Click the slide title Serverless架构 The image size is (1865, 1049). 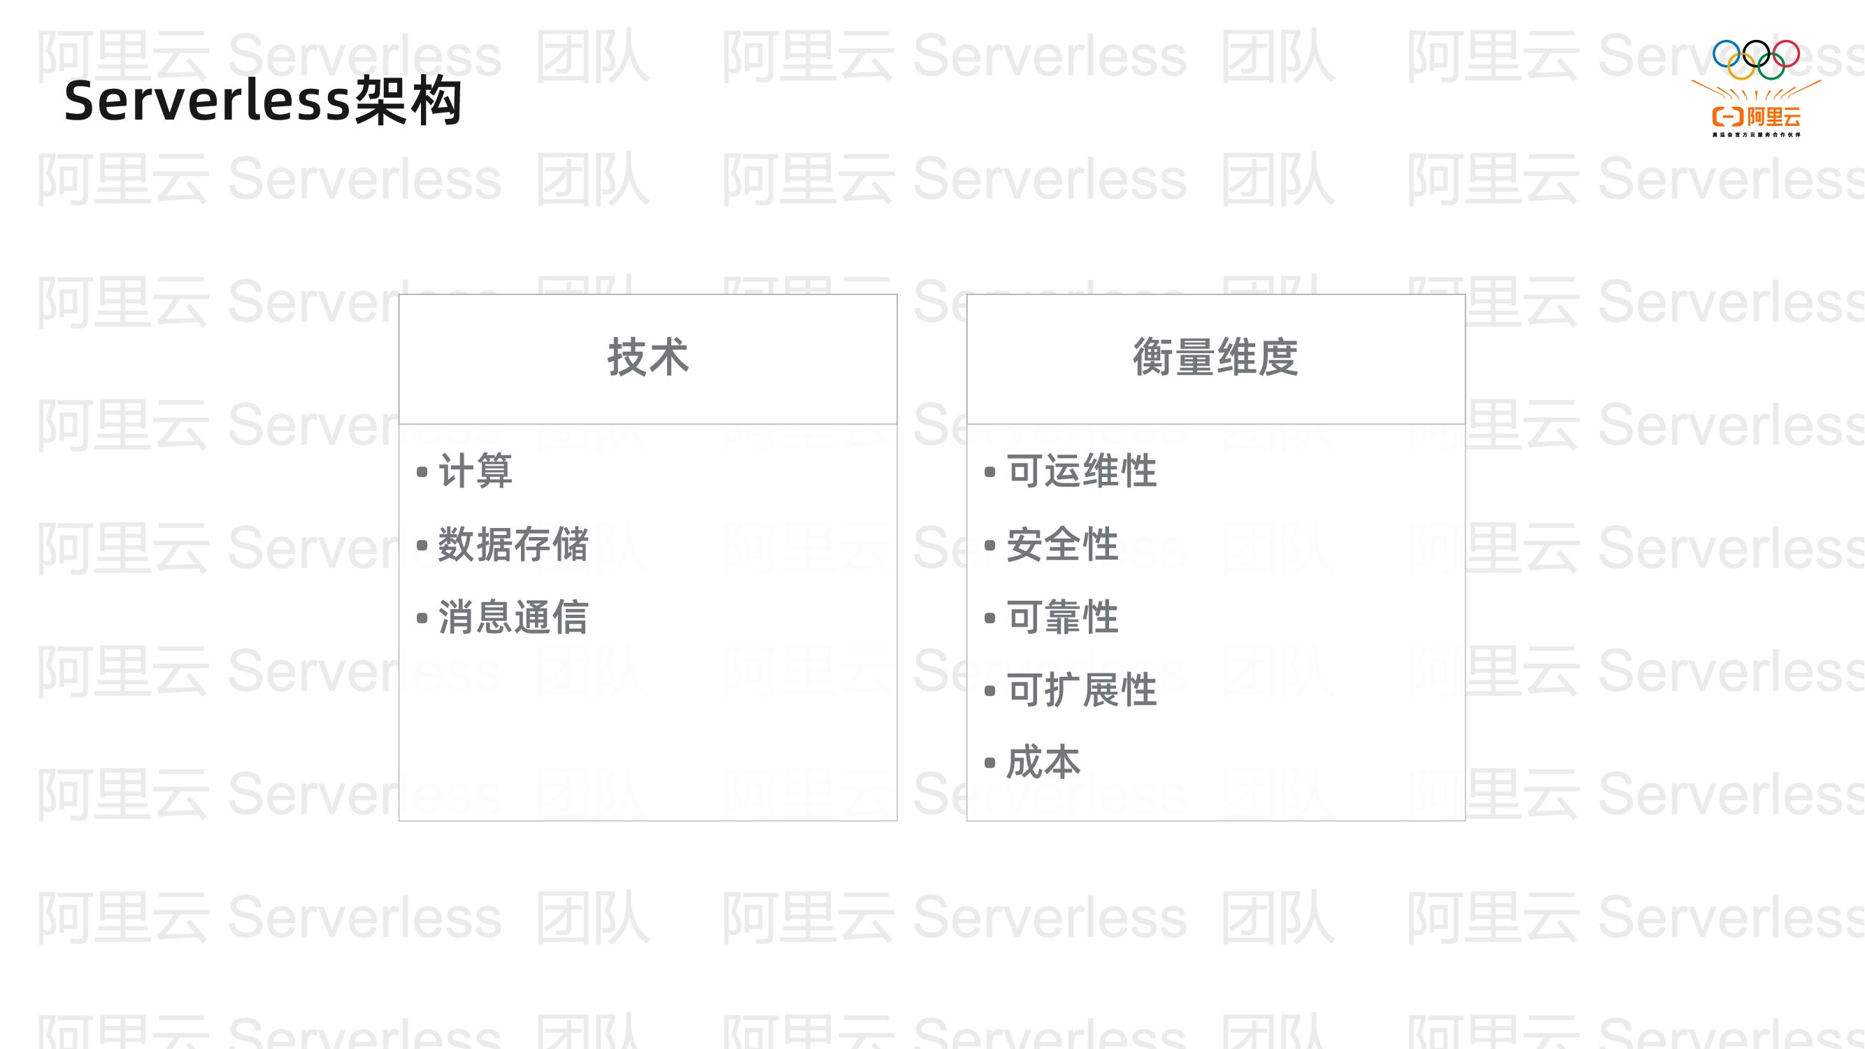point(263,101)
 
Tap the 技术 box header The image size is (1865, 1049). point(648,357)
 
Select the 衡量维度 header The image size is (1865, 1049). point(1215,357)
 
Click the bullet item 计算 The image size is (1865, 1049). point(476,471)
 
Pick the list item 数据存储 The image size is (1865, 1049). point(513,544)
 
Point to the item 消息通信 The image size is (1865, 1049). point(513,618)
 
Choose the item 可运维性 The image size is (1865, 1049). point(1082,471)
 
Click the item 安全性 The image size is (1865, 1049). point(1062,544)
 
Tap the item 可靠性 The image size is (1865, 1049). point(1062,618)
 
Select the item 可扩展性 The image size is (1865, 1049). point(1082,690)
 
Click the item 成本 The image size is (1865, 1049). point(1043,762)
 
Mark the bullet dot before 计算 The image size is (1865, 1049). point(422,472)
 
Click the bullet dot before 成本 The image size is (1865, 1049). point(989,763)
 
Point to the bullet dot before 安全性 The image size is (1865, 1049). point(989,545)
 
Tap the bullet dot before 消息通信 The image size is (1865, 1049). point(422,618)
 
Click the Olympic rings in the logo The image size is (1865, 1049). point(1756,59)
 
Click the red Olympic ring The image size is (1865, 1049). point(1786,54)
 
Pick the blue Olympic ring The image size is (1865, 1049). point(1726,54)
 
